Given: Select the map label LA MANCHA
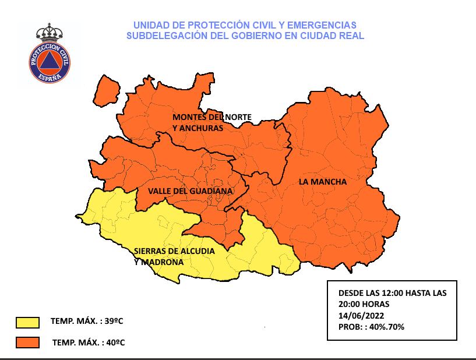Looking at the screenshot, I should [322, 182].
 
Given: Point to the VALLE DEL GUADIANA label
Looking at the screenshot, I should [190, 191].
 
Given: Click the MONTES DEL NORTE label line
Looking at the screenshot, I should [212, 117].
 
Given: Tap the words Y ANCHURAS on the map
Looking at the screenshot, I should [198, 128].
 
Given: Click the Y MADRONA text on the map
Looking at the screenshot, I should [158, 263].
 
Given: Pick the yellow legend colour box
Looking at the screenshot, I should [28, 322].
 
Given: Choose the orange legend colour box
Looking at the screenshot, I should [28, 342].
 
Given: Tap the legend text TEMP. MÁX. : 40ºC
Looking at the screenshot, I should [89, 342].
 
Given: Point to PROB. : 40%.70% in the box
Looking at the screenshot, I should [371, 327].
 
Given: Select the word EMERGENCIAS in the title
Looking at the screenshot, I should [327, 25].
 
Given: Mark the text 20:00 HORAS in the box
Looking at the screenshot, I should [364, 304].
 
